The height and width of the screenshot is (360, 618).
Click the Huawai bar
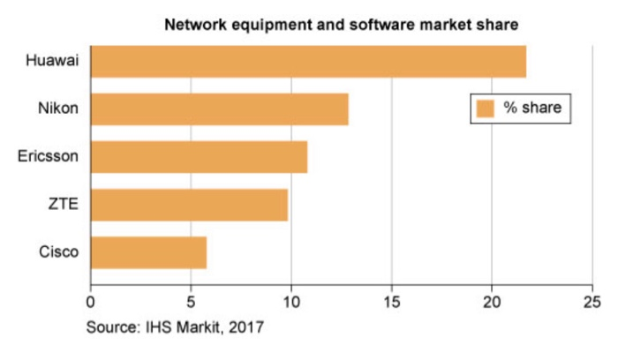click(x=308, y=62)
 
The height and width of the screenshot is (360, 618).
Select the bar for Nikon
click(x=219, y=109)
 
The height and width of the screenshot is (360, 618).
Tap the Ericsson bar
click(x=199, y=157)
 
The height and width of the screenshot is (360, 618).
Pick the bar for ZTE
click(x=189, y=205)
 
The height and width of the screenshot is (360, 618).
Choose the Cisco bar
click(x=148, y=252)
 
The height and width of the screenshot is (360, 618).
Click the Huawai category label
click(x=53, y=62)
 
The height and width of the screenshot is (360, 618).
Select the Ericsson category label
click(x=49, y=157)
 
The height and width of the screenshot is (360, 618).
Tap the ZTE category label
click(x=64, y=205)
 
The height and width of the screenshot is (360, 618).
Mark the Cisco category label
click(x=59, y=252)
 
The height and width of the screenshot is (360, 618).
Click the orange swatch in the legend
click(x=485, y=109)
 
